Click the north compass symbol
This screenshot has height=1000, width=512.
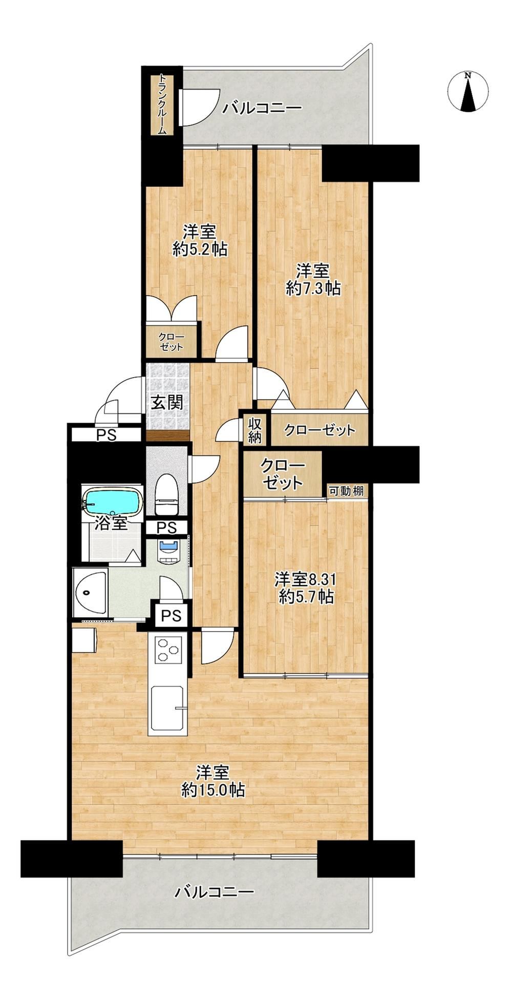coord(467,91)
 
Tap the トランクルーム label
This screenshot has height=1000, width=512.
coord(162,105)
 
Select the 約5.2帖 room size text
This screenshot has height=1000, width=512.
coord(200,249)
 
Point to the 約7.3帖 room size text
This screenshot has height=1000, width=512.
coord(313,288)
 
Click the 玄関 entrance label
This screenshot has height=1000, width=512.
coord(167,402)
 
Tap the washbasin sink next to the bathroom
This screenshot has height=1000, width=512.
coord(90,592)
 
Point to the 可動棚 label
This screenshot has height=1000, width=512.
coord(346,491)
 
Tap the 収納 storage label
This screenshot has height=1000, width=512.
coord(255,430)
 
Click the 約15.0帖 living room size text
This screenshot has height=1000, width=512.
coord(212,790)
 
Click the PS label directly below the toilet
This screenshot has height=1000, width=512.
coord(166,527)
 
